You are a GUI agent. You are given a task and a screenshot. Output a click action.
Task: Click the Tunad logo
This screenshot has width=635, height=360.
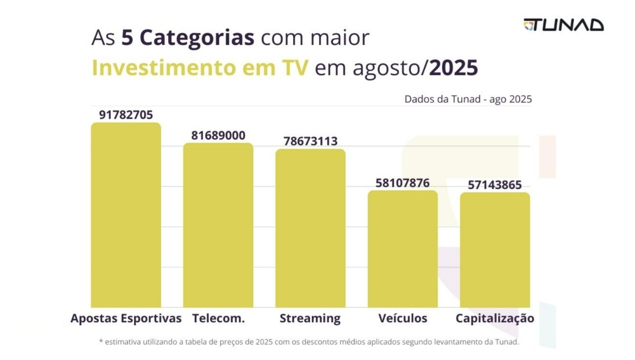point(564,25)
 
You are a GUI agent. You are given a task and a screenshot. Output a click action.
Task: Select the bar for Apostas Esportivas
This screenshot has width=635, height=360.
point(126,215)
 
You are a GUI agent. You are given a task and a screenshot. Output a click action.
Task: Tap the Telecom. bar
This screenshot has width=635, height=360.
point(218,225)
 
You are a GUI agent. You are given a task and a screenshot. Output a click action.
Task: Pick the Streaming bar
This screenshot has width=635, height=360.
point(311,228)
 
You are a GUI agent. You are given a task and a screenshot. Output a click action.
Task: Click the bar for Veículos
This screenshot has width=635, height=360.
point(402,249)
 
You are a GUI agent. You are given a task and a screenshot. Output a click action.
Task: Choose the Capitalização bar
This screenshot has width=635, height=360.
point(495,250)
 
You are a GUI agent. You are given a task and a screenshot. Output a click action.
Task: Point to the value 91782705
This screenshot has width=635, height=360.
point(126,115)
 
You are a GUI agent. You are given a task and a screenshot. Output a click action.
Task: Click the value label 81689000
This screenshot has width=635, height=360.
point(218,135)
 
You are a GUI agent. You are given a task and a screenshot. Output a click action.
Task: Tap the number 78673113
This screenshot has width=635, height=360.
point(311,141)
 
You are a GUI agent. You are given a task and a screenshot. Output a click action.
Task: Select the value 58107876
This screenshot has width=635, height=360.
point(402,183)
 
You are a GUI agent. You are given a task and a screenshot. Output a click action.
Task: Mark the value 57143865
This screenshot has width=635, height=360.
point(495,185)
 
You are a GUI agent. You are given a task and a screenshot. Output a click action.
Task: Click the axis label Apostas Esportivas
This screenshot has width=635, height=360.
point(126,318)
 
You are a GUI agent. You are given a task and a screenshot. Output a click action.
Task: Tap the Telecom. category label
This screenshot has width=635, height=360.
point(218,318)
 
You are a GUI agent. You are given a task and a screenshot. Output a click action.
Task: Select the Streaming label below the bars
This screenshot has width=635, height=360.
point(310,318)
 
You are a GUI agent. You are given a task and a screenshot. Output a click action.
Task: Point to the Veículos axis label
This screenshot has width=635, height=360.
point(402,318)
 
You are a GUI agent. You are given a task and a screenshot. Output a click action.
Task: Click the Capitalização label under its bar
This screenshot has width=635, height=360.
point(495,318)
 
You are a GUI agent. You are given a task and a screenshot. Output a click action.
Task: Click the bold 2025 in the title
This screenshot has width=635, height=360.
point(453,68)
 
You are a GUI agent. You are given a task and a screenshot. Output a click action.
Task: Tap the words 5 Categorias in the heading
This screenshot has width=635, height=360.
point(188,38)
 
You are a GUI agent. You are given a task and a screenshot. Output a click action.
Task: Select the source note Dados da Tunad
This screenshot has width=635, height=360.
point(468,99)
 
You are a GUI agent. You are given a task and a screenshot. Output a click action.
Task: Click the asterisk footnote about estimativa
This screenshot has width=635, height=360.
point(309,342)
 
